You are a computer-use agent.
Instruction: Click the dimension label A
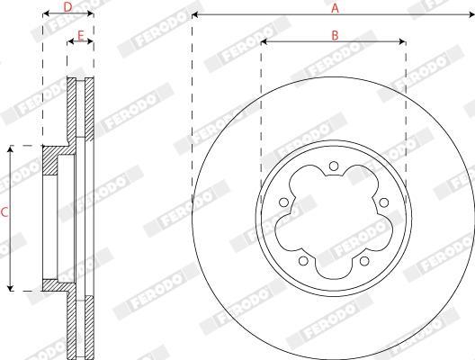[335, 8]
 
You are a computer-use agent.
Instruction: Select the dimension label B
[335, 35]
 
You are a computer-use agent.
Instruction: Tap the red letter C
[4, 212]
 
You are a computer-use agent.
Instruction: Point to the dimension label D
[67, 7]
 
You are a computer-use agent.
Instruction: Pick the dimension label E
[81, 36]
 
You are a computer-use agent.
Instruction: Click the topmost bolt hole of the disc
[334, 166]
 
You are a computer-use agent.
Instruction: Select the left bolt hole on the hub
[283, 202]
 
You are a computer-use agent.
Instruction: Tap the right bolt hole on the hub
[384, 202]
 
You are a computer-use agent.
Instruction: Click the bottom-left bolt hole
[303, 261]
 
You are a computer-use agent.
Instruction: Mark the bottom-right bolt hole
[364, 261]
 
